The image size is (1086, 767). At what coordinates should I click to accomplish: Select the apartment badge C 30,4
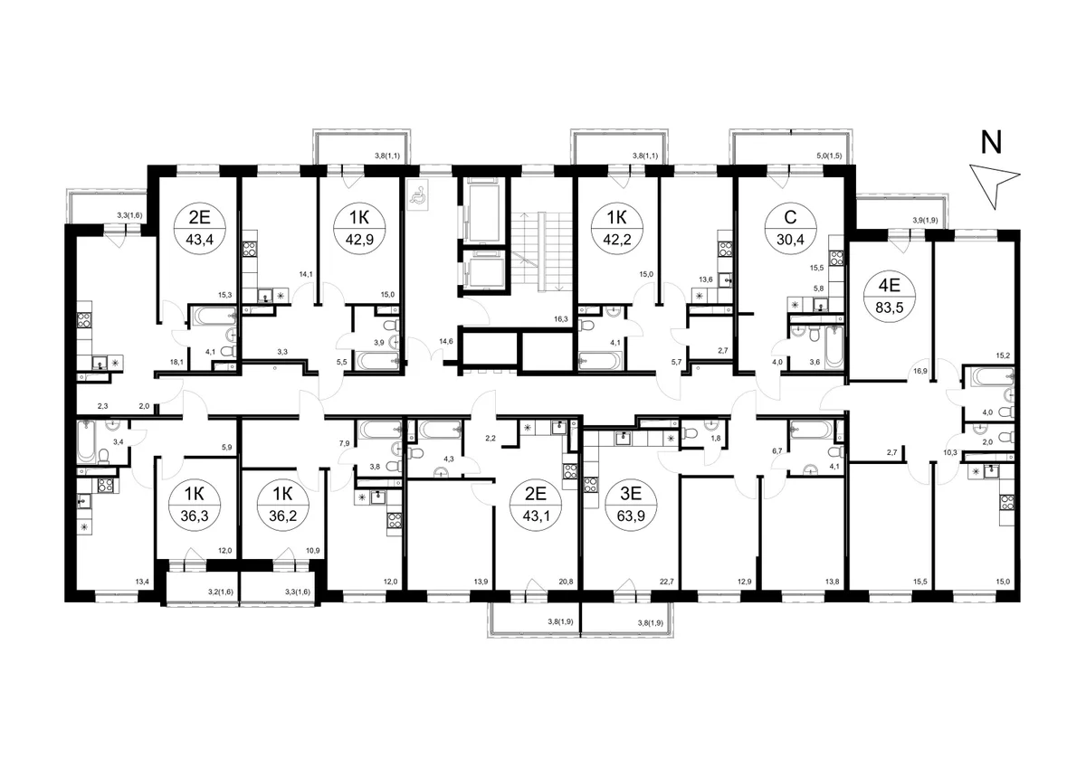tap(790, 227)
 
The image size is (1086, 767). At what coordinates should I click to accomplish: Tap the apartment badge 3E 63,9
tap(631, 505)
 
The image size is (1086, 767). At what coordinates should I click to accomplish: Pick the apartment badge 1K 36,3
tap(195, 505)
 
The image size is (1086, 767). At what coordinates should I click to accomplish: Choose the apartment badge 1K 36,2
tap(282, 505)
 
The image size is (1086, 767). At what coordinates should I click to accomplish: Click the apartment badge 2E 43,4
tap(200, 227)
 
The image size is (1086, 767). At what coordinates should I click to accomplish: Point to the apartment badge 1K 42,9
tap(359, 227)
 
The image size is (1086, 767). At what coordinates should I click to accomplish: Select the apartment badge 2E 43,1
tap(536, 505)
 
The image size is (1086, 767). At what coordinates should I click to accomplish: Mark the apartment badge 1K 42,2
tap(616, 227)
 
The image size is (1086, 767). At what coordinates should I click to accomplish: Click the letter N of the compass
tap(991, 143)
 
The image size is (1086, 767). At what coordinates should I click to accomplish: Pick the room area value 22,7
tap(667, 582)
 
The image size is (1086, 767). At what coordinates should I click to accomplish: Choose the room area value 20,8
tap(566, 582)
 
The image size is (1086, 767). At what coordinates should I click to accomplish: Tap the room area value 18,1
tap(176, 362)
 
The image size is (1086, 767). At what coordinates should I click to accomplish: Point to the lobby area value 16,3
tap(560, 319)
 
